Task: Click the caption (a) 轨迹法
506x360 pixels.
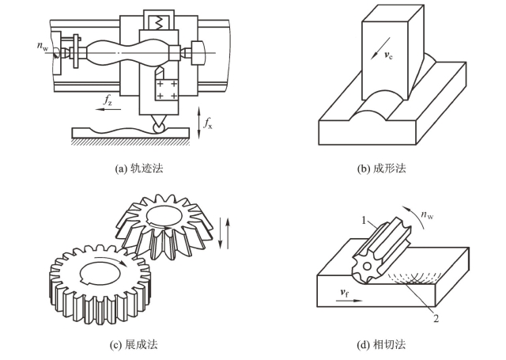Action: [x=139, y=169]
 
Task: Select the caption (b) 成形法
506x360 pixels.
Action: [x=381, y=169]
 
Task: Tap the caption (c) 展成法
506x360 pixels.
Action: [x=134, y=345]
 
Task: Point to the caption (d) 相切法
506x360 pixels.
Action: [x=381, y=345]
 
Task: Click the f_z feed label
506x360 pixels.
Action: [x=108, y=100]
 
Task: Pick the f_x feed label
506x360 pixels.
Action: [x=208, y=123]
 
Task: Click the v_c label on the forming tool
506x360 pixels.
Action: [x=388, y=55]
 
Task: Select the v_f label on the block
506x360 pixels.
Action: [x=345, y=293]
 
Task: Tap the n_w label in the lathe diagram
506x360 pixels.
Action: [x=42, y=46]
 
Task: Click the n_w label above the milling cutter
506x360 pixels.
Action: [x=427, y=214]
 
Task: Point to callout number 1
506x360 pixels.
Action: [x=364, y=221]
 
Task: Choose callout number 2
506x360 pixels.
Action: [x=436, y=319]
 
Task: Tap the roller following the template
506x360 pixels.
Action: [x=158, y=128]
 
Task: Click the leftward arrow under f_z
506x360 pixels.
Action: [x=108, y=109]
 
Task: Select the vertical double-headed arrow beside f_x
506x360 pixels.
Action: [x=198, y=123]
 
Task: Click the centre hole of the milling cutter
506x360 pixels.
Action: [x=367, y=267]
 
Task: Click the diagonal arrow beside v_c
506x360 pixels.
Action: [x=380, y=48]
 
